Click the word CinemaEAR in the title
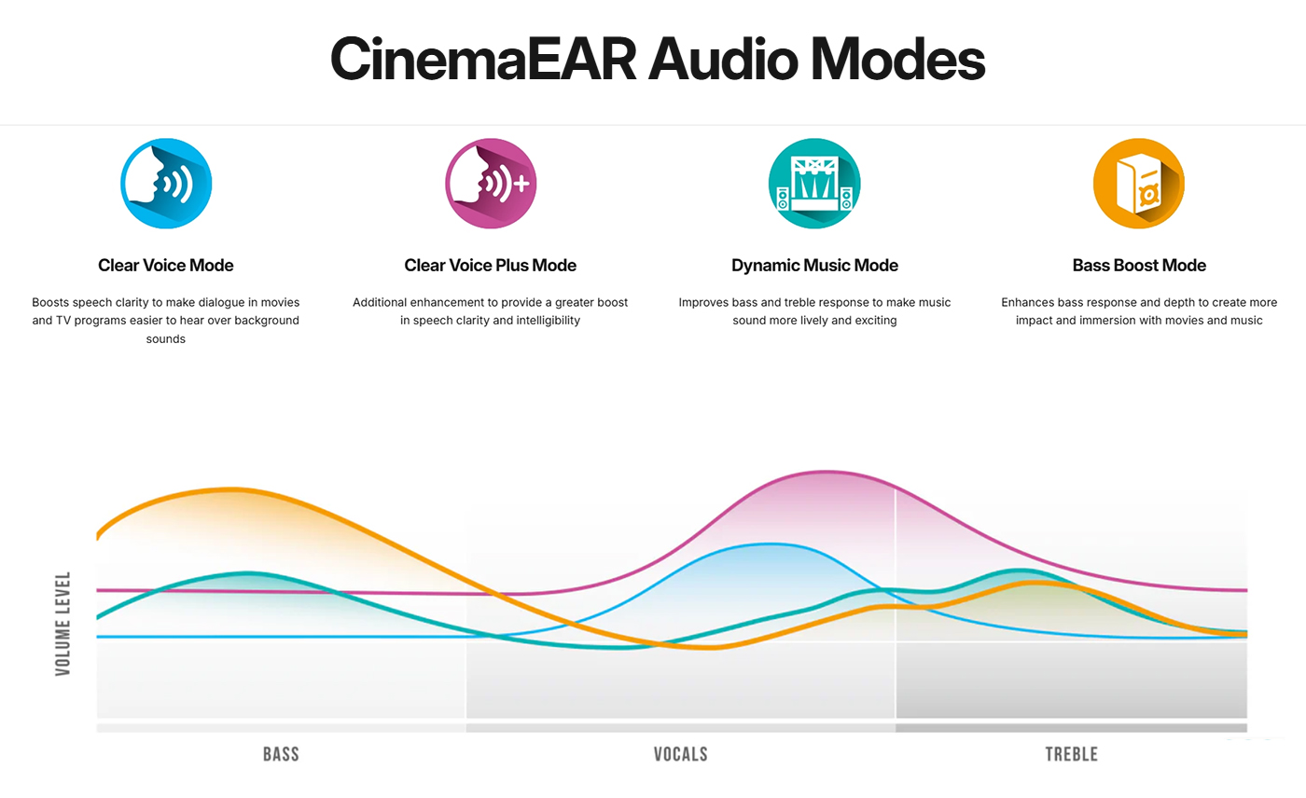[483, 60]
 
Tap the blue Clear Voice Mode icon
[166, 184]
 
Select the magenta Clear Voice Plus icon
[491, 184]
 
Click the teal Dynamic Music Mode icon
[814, 184]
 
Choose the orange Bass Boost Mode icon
[1139, 184]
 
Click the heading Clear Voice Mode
[166, 266]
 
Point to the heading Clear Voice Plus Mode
[491, 266]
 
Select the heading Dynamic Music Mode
[814, 266]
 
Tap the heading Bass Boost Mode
[1139, 266]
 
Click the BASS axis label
[281, 754]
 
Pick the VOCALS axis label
[681, 754]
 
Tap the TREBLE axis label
[1071, 754]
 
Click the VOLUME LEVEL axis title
[63, 624]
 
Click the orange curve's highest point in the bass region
[231, 489]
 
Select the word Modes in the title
[897, 60]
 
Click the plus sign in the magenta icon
[520, 184]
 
